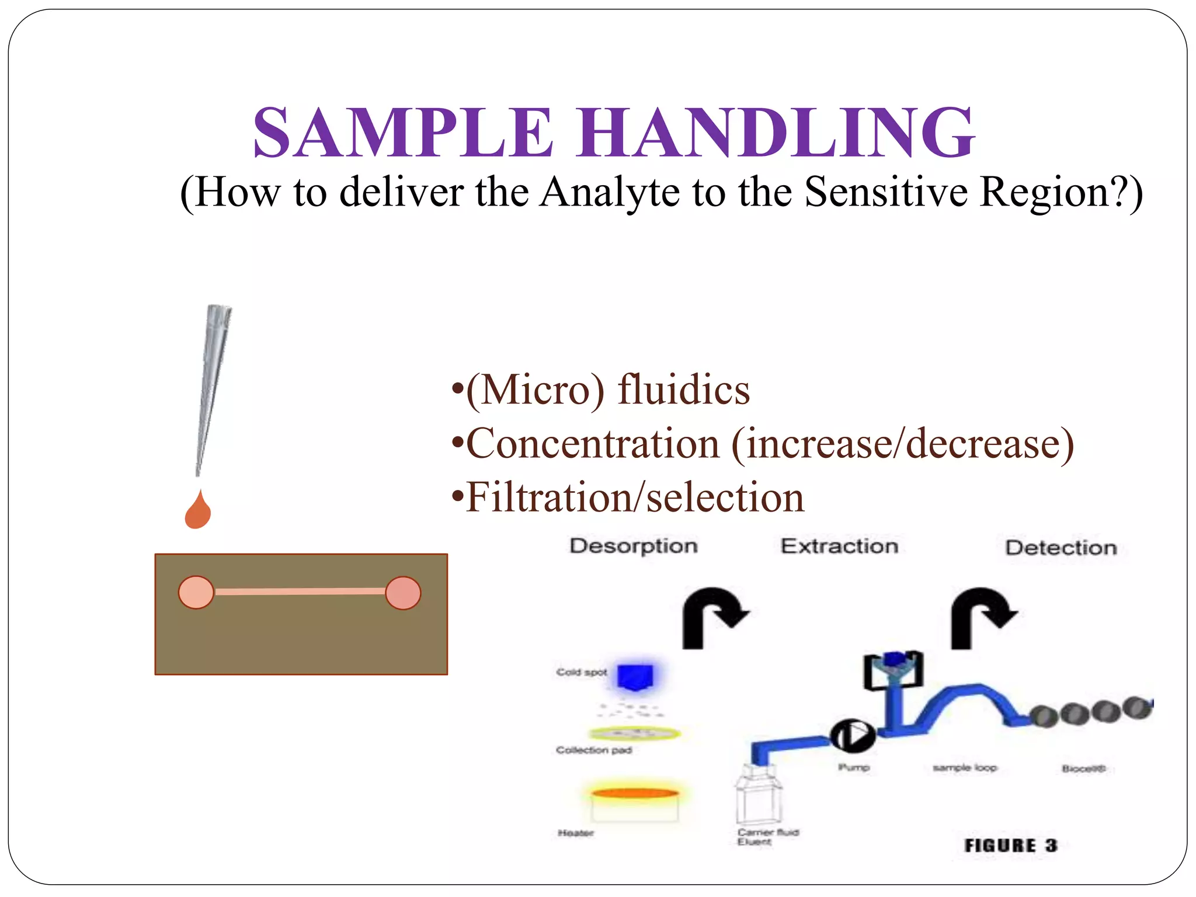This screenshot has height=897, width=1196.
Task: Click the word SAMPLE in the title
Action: tap(403, 133)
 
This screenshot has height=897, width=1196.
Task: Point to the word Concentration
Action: tap(593, 444)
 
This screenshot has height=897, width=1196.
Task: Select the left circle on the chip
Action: tap(196, 593)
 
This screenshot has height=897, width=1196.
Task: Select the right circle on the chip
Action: tap(403, 593)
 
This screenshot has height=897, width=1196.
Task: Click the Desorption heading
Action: tap(634, 546)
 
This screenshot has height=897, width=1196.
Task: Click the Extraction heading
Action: tap(839, 546)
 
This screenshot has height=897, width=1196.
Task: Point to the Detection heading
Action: tap(1061, 548)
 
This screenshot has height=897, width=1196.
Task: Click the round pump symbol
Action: tap(853, 736)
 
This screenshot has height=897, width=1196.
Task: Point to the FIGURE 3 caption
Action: tap(1010, 845)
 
